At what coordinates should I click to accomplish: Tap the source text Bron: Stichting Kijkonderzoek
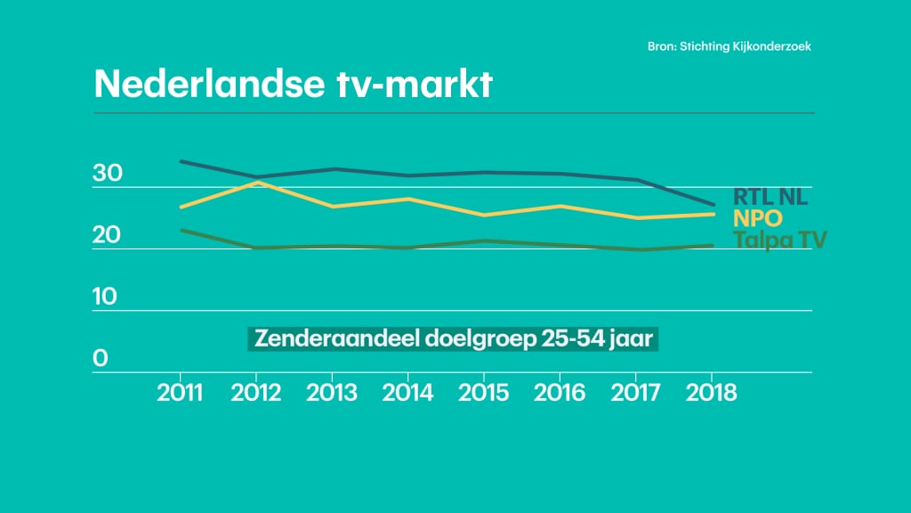coord(729,45)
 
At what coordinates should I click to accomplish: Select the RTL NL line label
coord(770,197)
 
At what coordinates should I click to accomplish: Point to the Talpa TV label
coord(779,240)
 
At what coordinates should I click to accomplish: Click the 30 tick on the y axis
coord(107,174)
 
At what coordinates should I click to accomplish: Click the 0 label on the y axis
coord(101,358)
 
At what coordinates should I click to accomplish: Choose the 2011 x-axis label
coord(181,393)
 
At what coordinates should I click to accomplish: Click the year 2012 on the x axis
coord(257,393)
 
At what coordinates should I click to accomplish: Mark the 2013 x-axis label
coord(333,393)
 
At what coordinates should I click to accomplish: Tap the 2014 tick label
coord(408,393)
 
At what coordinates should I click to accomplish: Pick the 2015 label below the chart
coord(484,393)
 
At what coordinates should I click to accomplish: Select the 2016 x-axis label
coord(560,393)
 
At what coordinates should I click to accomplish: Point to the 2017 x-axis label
coord(635,393)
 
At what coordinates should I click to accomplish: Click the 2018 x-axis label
coord(711,393)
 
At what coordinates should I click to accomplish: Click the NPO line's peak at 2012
coord(257,183)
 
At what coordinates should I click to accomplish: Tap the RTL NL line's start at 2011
coord(181,161)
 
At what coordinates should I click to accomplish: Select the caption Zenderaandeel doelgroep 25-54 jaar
coord(452,339)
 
